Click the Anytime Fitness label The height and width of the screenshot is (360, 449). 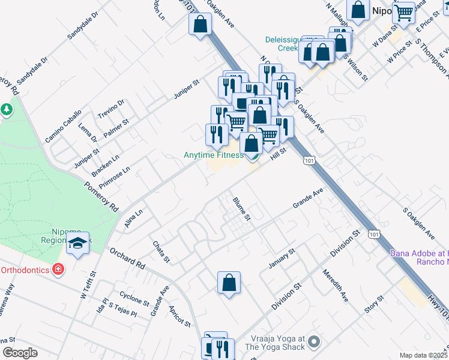click(213, 155)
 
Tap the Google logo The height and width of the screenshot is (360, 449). click(20, 353)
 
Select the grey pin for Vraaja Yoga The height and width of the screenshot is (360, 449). click(313, 342)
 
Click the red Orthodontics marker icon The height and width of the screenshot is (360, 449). click(58, 270)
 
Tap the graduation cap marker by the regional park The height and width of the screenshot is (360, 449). click(78, 244)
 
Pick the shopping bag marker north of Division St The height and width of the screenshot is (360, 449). click(229, 283)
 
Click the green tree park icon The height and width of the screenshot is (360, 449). click(7, 110)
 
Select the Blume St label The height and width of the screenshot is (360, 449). click(241, 209)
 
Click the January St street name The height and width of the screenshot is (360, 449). click(283, 259)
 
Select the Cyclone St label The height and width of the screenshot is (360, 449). click(134, 300)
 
